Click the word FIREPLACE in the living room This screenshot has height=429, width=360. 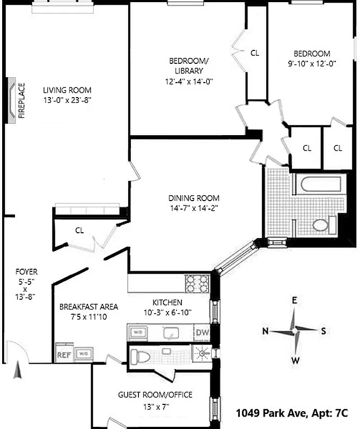(22, 100)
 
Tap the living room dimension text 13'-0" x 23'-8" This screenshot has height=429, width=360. (67, 100)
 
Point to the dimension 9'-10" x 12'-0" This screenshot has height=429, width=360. (311, 63)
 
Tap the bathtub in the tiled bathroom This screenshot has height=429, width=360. (320, 184)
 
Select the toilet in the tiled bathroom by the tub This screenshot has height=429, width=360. (320, 225)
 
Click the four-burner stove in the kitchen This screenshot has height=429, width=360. (197, 283)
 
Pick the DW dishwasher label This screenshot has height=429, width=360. (202, 332)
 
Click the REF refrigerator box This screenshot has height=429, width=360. (63, 354)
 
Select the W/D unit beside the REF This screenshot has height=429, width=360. (83, 354)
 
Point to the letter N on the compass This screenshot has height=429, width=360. (265, 331)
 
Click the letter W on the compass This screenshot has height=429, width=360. (295, 360)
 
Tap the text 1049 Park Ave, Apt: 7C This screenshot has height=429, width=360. (292, 413)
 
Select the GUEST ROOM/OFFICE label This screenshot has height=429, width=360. (155, 395)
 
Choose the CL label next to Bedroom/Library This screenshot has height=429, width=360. (255, 53)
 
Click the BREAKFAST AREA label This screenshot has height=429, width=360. (89, 307)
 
